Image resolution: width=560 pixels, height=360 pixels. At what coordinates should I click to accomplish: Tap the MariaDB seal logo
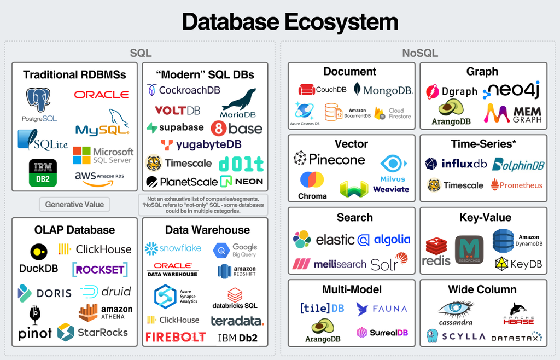[238, 103]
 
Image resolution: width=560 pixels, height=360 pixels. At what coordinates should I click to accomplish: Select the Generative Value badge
[74, 205]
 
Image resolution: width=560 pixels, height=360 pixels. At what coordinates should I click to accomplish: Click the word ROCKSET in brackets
[100, 269]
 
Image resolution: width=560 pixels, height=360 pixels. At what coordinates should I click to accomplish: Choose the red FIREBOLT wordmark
[176, 336]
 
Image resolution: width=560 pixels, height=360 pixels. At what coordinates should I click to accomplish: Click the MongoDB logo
[383, 90]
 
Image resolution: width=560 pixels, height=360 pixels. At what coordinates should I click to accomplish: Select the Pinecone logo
[329, 159]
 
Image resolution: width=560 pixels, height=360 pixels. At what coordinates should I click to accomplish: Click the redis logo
[436, 252]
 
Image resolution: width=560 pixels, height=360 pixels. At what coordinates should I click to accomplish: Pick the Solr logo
[389, 263]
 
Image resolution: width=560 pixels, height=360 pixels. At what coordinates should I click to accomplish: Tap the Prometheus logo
[516, 185]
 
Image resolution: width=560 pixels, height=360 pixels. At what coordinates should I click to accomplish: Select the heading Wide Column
[482, 289]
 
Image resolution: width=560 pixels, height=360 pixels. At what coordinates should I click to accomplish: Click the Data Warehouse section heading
[207, 230]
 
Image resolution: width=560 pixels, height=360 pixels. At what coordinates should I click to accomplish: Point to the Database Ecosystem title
[290, 22]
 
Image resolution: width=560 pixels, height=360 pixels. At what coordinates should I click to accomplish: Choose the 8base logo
[236, 129]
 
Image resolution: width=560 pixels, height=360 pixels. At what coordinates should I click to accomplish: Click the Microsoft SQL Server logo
[103, 155]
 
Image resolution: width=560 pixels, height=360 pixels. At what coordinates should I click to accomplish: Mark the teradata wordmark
[237, 321]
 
